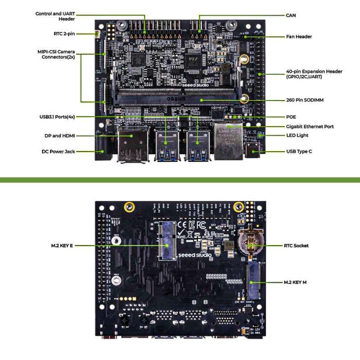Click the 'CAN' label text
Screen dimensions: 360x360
pyautogui.click(x=291, y=15)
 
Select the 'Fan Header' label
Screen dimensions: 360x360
pyautogui.click(x=299, y=36)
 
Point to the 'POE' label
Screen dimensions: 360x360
pyautogui.click(x=291, y=117)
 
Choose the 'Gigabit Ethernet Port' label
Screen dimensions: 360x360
pyautogui.click(x=310, y=126)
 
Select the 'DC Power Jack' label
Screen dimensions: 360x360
pyautogui.click(x=58, y=152)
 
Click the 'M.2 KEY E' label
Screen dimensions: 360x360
pyautogui.click(x=62, y=246)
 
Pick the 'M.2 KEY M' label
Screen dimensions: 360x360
pyautogui.click(x=295, y=282)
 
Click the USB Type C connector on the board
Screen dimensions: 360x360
pyautogui.click(x=252, y=150)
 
